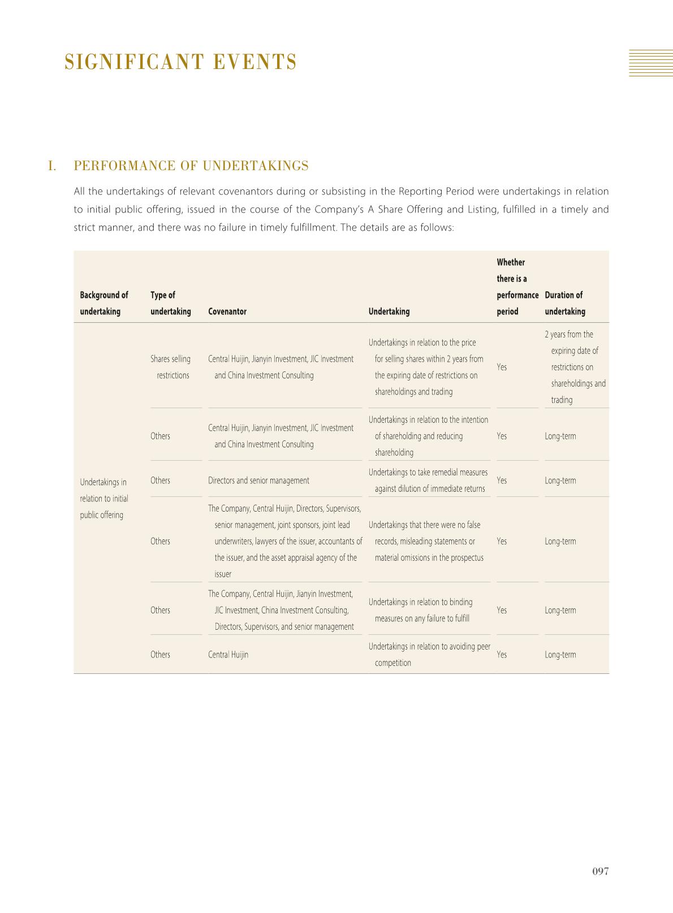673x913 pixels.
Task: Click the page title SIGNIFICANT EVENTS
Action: [180, 62]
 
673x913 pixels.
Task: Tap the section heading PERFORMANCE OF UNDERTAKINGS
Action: [191, 166]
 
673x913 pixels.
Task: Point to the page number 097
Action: [600, 871]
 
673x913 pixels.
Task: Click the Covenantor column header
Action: [227, 311]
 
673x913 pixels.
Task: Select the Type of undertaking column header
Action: [170, 303]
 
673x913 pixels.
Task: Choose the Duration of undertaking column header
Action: [564, 303]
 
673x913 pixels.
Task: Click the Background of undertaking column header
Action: [104, 303]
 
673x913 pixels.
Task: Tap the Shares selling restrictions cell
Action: [171, 367]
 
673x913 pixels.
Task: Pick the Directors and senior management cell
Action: [258, 481]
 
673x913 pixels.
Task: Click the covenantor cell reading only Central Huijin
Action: [228, 655]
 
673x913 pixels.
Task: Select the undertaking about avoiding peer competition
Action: [429, 655]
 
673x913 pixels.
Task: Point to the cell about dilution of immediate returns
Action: [428, 481]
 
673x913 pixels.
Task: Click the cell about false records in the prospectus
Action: [428, 541]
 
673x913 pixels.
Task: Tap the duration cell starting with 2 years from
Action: [574, 367]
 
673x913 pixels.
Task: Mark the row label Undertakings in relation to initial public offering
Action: [104, 498]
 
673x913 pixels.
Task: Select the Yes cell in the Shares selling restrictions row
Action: [502, 367]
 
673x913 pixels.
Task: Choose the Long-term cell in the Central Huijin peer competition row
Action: [560, 655]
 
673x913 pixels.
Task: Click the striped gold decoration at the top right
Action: [651, 63]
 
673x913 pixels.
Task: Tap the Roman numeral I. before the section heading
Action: [52, 166]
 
